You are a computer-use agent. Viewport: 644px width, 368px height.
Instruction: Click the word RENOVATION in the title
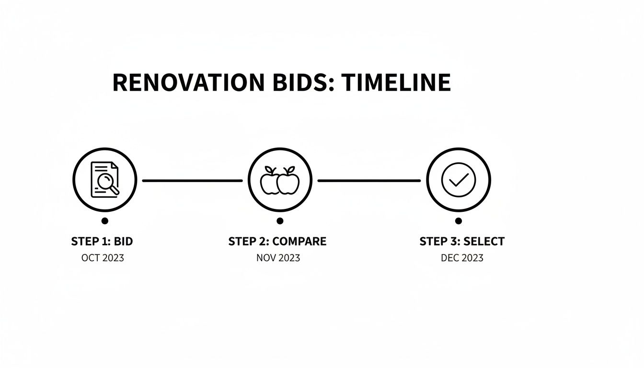(188, 82)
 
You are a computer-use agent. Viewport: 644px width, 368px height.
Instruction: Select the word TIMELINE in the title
(396, 82)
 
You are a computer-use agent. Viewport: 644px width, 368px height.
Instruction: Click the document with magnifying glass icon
(104, 180)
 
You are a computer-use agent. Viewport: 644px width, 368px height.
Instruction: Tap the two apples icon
(280, 181)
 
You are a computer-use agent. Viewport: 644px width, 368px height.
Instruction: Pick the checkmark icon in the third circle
(459, 180)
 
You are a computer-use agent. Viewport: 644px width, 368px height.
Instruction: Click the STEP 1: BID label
(102, 241)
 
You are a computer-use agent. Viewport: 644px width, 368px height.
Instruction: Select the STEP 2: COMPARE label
(277, 241)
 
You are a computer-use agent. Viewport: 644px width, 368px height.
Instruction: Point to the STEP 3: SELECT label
(462, 241)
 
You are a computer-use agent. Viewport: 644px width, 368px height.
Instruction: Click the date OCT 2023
(103, 258)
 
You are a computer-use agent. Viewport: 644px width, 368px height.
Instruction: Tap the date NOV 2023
(278, 258)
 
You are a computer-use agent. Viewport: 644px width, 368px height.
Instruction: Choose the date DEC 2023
(462, 258)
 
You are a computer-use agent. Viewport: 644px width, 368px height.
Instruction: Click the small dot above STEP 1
(105, 221)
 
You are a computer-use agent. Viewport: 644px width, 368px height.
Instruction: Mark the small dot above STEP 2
(280, 221)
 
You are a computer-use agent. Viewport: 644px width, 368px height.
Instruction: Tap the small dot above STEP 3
(459, 221)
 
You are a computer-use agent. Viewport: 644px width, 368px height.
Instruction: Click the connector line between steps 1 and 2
(192, 181)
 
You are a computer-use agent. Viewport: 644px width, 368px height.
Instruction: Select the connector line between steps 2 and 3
(369, 181)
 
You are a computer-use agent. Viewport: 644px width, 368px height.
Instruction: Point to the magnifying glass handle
(115, 190)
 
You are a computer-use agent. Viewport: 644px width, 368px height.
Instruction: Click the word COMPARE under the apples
(299, 241)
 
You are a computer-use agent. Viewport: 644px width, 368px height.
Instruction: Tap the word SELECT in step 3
(484, 241)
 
